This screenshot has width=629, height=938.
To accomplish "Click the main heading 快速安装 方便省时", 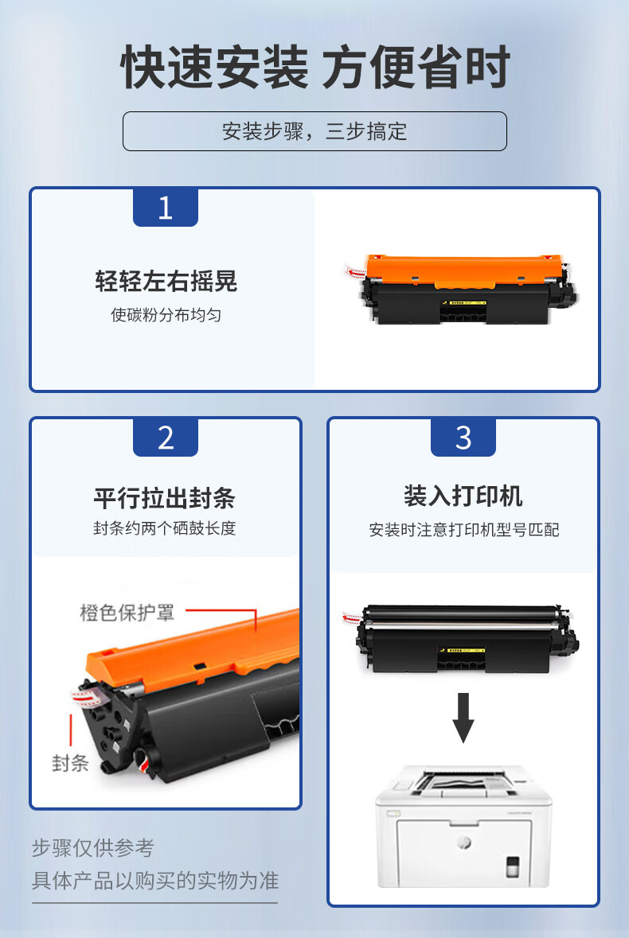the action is (315, 67).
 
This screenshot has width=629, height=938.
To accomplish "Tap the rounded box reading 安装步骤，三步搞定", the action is (314, 131).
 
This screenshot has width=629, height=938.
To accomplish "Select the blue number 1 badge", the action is (165, 208).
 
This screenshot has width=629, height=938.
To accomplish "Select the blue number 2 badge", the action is (165, 438).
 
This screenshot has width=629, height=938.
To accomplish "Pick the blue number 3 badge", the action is (463, 438).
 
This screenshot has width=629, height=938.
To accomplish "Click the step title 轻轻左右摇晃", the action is (166, 281).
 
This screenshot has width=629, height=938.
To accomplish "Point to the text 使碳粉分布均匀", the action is (166, 315).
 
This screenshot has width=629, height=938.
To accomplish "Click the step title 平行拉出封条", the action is (165, 498).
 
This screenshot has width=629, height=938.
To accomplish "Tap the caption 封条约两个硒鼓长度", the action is (165, 528).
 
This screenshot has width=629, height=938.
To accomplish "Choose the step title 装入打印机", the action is (463, 496).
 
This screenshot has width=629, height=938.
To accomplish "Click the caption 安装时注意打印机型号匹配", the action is (464, 529).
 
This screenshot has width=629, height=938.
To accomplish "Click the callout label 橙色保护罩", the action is (127, 613).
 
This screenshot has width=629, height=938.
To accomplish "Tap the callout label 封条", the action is (70, 763).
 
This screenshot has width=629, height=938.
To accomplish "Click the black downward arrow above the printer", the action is (463, 718).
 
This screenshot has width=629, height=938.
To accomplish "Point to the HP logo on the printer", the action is (464, 842).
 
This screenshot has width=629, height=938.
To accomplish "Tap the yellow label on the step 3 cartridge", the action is (465, 650).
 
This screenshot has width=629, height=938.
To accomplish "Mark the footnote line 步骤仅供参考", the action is (93, 847).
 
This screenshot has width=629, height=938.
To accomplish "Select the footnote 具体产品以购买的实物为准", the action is (155, 881).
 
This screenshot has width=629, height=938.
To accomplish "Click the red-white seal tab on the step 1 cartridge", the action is (355, 271).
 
